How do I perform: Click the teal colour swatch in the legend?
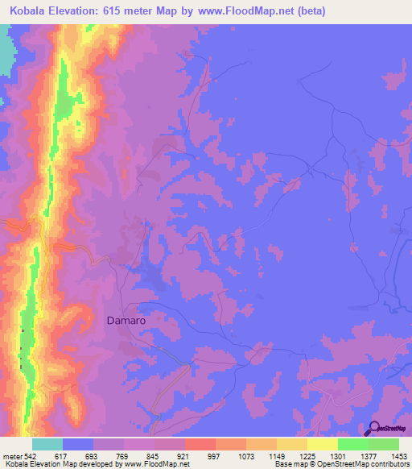47,444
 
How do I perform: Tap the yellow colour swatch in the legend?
323,444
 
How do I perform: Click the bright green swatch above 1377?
353,444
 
